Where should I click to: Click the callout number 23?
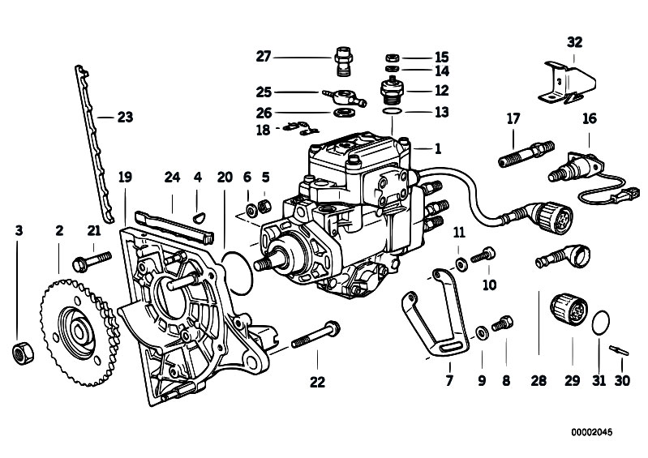pyautogui.click(x=124, y=118)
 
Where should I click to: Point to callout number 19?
pyautogui.click(x=124, y=177)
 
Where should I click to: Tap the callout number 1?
pyautogui.click(x=438, y=148)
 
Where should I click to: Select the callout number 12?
pyautogui.click(x=441, y=90)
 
